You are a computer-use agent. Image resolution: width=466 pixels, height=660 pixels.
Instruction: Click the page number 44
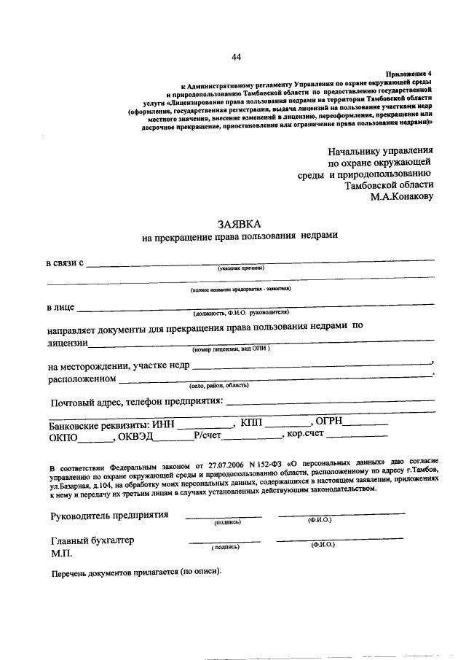(237, 58)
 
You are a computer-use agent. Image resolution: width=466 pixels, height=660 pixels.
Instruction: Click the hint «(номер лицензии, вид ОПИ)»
(232, 349)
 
